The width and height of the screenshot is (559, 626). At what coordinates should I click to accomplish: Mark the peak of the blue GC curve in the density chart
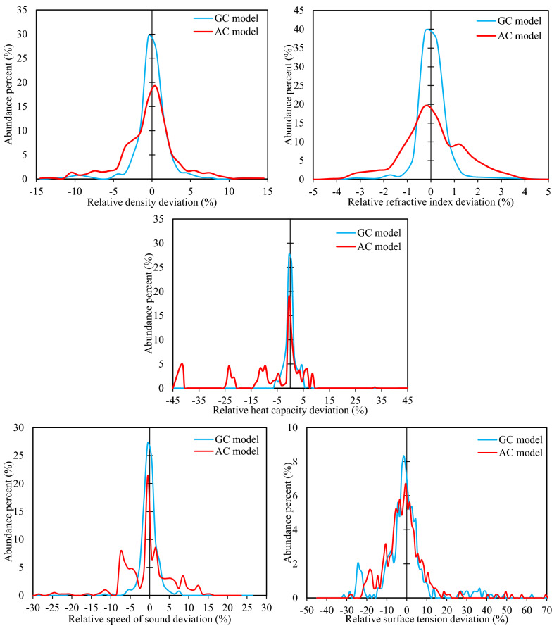tap(150, 35)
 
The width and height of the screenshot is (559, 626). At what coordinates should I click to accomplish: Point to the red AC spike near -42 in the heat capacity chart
tap(182, 364)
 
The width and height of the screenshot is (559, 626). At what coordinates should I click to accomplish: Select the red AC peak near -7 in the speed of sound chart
tap(121, 551)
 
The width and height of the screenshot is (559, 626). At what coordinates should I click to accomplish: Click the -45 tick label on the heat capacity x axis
tap(172, 399)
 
